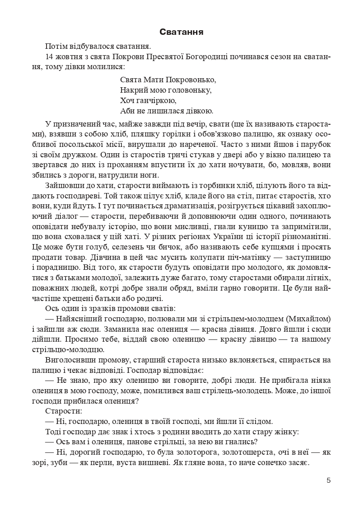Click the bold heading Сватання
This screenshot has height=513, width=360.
(x=181, y=32)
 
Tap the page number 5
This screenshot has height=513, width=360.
(x=328, y=480)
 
